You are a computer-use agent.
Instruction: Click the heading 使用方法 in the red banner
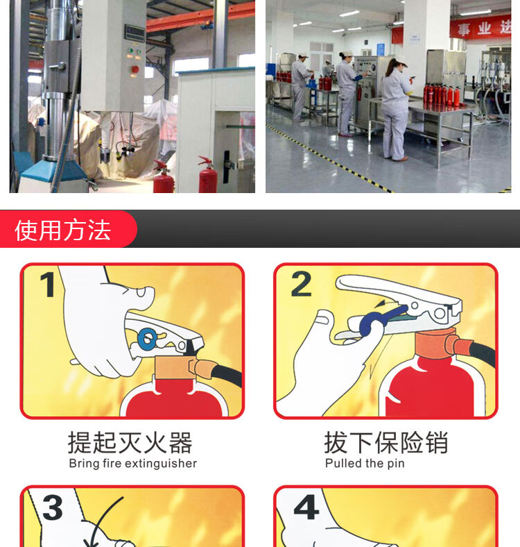(62, 230)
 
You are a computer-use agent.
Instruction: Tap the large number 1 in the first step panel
(48, 285)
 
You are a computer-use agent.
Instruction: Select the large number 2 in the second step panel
(301, 284)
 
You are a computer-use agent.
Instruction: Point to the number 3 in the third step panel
(53, 507)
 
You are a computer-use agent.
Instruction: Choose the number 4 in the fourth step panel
(306, 507)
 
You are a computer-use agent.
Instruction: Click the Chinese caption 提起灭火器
(130, 443)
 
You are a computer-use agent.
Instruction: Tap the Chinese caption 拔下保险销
(385, 443)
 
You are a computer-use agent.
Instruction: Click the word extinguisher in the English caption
(161, 464)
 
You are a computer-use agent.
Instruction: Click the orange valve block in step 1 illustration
(174, 367)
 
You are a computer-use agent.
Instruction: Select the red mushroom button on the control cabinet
(135, 69)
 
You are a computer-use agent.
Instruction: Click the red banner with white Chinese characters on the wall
(480, 27)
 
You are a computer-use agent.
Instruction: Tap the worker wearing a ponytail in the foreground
(397, 108)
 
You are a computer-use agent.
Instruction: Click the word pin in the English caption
(396, 464)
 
